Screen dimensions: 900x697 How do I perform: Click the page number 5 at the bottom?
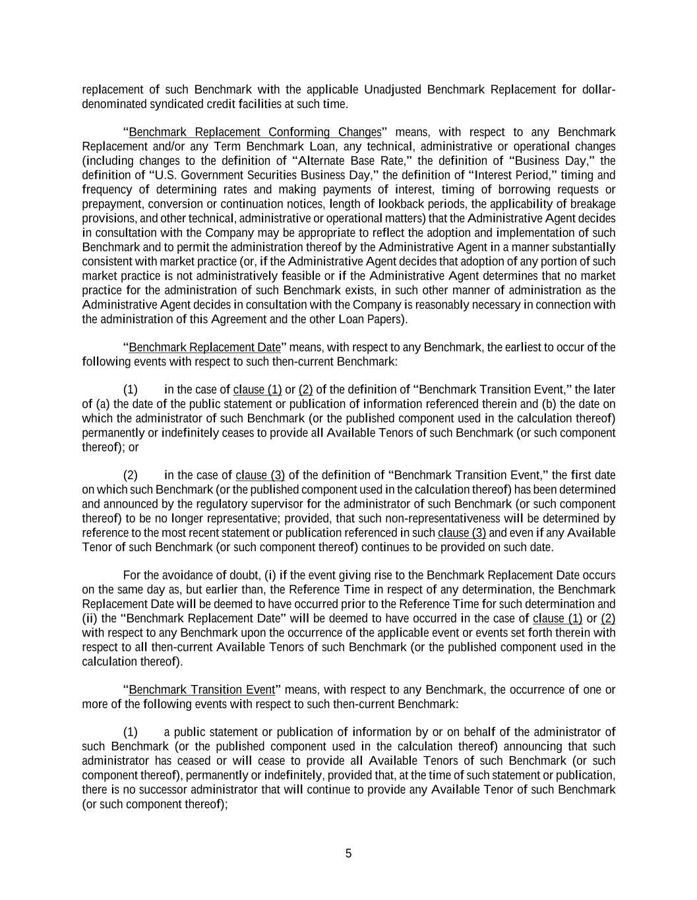[348, 854]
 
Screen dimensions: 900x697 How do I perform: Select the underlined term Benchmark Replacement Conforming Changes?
[255, 132]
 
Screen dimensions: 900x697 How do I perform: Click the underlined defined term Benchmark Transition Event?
[202, 690]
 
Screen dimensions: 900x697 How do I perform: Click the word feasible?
[299, 276]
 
